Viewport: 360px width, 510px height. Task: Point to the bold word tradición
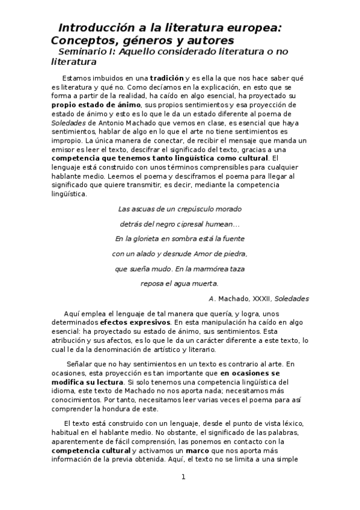(168, 78)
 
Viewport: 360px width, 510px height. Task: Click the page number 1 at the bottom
(183, 478)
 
